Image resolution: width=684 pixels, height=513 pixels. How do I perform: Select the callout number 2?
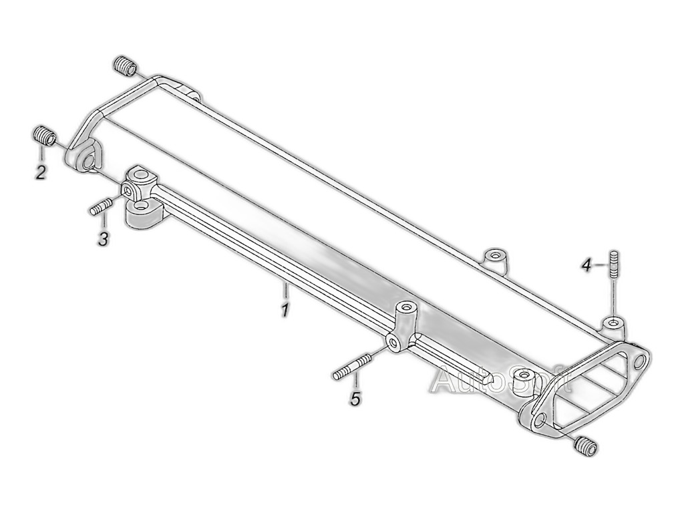(x=40, y=173)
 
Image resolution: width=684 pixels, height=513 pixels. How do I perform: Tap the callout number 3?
(x=103, y=239)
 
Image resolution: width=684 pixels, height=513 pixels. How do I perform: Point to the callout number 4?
(x=587, y=265)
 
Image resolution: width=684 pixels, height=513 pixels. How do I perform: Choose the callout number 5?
(x=356, y=398)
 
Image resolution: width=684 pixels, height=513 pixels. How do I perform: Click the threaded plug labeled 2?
(x=45, y=135)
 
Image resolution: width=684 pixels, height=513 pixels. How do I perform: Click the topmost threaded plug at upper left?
(x=125, y=66)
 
